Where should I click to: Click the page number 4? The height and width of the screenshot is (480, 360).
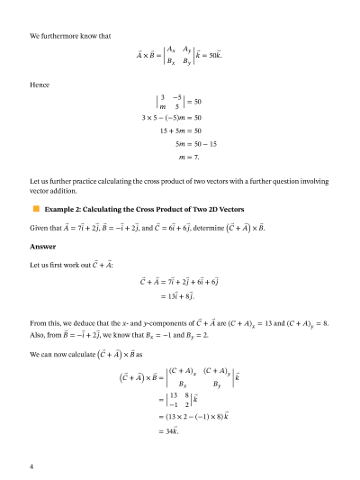[32, 466]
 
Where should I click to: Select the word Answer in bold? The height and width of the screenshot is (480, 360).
[42, 245]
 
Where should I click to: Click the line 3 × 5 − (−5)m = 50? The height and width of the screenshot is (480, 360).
[172, 118]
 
